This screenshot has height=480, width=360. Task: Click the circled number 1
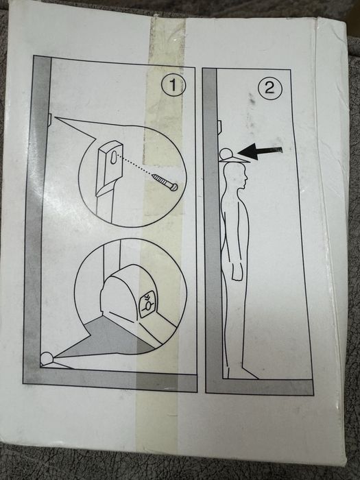point(173,85)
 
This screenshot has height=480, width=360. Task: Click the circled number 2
point(269,88)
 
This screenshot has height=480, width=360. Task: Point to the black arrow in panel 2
point(260,152)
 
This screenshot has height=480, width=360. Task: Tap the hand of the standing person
point(237,270)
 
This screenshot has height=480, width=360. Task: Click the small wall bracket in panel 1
point(50,119)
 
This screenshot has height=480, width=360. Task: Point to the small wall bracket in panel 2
point(219,126)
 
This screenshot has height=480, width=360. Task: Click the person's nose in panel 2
point(245,178)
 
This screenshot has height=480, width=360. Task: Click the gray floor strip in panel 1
point(110,380)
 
